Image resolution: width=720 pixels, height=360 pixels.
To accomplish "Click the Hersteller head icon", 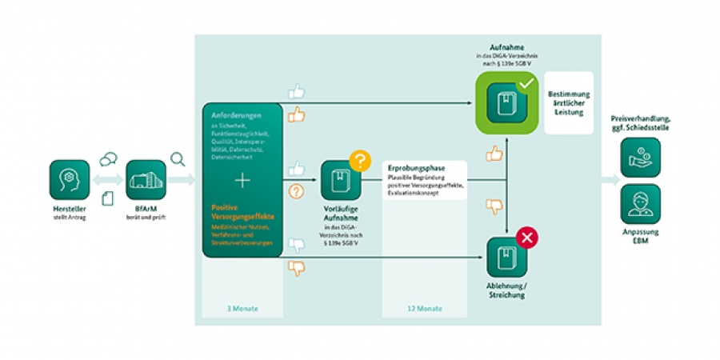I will [68, 181].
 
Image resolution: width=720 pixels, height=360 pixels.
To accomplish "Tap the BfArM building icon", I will [146, 181].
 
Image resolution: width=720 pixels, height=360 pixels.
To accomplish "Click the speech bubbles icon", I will [108, 160].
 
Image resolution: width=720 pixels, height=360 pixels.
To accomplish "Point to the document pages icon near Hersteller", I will [107, 197].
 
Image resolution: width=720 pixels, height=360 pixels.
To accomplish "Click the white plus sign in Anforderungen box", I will [242, 181].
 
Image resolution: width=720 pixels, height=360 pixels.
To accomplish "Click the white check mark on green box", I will [526, 82].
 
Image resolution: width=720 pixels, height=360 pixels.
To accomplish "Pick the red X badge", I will [526, 236].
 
